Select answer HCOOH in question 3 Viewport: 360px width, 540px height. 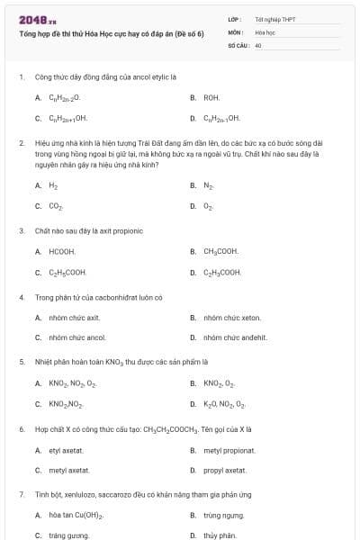[x=62, y=251]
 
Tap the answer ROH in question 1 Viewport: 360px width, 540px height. [x=211, y=96]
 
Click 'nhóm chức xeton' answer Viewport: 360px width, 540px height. [x=232, y=317]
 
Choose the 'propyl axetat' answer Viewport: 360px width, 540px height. [x=225, y=470]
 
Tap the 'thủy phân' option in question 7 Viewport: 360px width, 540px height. [x=218, y=535]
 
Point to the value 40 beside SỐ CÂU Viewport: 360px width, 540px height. [x=258, y=44]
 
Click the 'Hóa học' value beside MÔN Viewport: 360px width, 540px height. [x=265, y=31]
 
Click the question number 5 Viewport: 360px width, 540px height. [x=21, y=363]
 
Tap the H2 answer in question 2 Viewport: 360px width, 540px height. [x=53, y=185]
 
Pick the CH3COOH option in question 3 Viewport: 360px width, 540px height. [x=221, y=251]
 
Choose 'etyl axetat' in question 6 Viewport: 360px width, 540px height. [x=66, y=450]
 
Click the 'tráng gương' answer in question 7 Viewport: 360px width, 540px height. [x=68, y=535]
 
